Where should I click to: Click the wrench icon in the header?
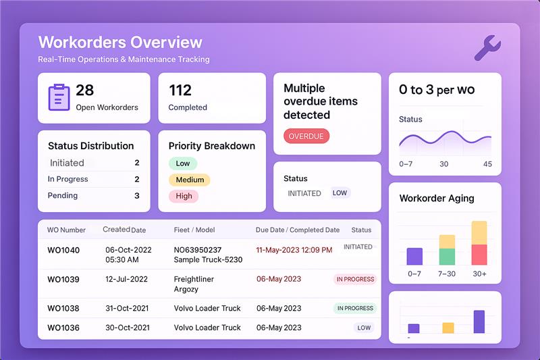(487, 48)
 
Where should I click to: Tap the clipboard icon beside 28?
(59, 97)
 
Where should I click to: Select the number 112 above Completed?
(180, 90)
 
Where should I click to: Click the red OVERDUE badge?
(306, 136)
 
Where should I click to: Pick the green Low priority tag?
(183, 163)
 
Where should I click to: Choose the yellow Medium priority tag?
(190, 180)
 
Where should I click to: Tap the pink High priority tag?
(184, 196)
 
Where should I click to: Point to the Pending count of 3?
(137, 196)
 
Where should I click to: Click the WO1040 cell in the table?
(63, 251)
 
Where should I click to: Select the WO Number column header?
(66, 230)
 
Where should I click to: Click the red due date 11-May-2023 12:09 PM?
(294, 250)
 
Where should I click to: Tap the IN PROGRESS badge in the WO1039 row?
(355, 279)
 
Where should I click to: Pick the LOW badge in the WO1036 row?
(364, 328)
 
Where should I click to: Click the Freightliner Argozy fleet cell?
(194, 284)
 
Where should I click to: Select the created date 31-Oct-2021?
(128, 308)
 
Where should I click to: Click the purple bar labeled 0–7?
(414, 256)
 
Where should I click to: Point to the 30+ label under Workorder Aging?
(479, 274)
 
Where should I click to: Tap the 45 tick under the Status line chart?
(487, 164)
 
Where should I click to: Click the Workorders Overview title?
(120, 42)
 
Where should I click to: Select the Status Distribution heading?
(90, 146)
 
